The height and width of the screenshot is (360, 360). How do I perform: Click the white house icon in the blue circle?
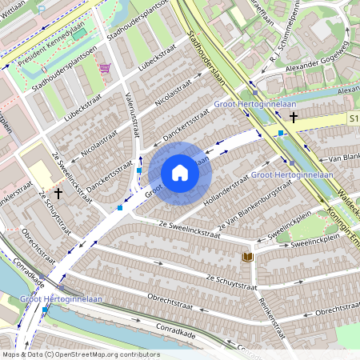[x=180, y=173]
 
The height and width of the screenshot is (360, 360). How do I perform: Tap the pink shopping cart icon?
[x=105, y=68]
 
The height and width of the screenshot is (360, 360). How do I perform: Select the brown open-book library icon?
[x=248, y=257]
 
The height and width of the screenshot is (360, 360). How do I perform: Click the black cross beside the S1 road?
[x=294, y=118]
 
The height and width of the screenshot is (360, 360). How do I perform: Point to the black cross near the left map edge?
[x=59, y=194]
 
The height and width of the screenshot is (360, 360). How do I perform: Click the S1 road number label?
[x=353, y=118]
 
